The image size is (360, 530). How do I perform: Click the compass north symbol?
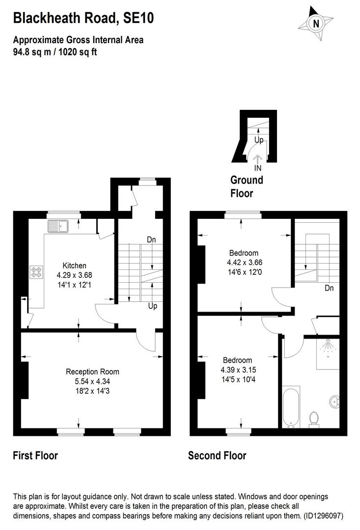pyautogui.click(x=316, y=23)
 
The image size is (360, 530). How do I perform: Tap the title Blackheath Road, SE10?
pyautogui.click(x=83, y=19)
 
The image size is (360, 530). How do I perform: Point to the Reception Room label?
pyautogui.click(x=93, y=371)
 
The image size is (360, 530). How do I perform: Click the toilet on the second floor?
pyautogui.click(x=313, y=418)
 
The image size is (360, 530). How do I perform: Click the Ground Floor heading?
pyautogui.click(x=247, y=186)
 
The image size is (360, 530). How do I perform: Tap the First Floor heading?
pyautogui.click(x=35, y=456)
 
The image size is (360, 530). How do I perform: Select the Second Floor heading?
pyautogui.click(x=217, y=456)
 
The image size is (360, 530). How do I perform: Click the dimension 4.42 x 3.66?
pyautogui.click(x=240, y=263)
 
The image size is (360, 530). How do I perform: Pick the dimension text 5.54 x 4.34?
pyautogui.click(x=93, y=380)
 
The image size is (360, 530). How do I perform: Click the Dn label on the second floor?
pyautogui.click(x=329, y=288)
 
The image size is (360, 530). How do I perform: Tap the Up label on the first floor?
pyautogui.click(x=153, y=306)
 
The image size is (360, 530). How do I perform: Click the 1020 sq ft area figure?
pyautogui.click(x=77, y=52)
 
